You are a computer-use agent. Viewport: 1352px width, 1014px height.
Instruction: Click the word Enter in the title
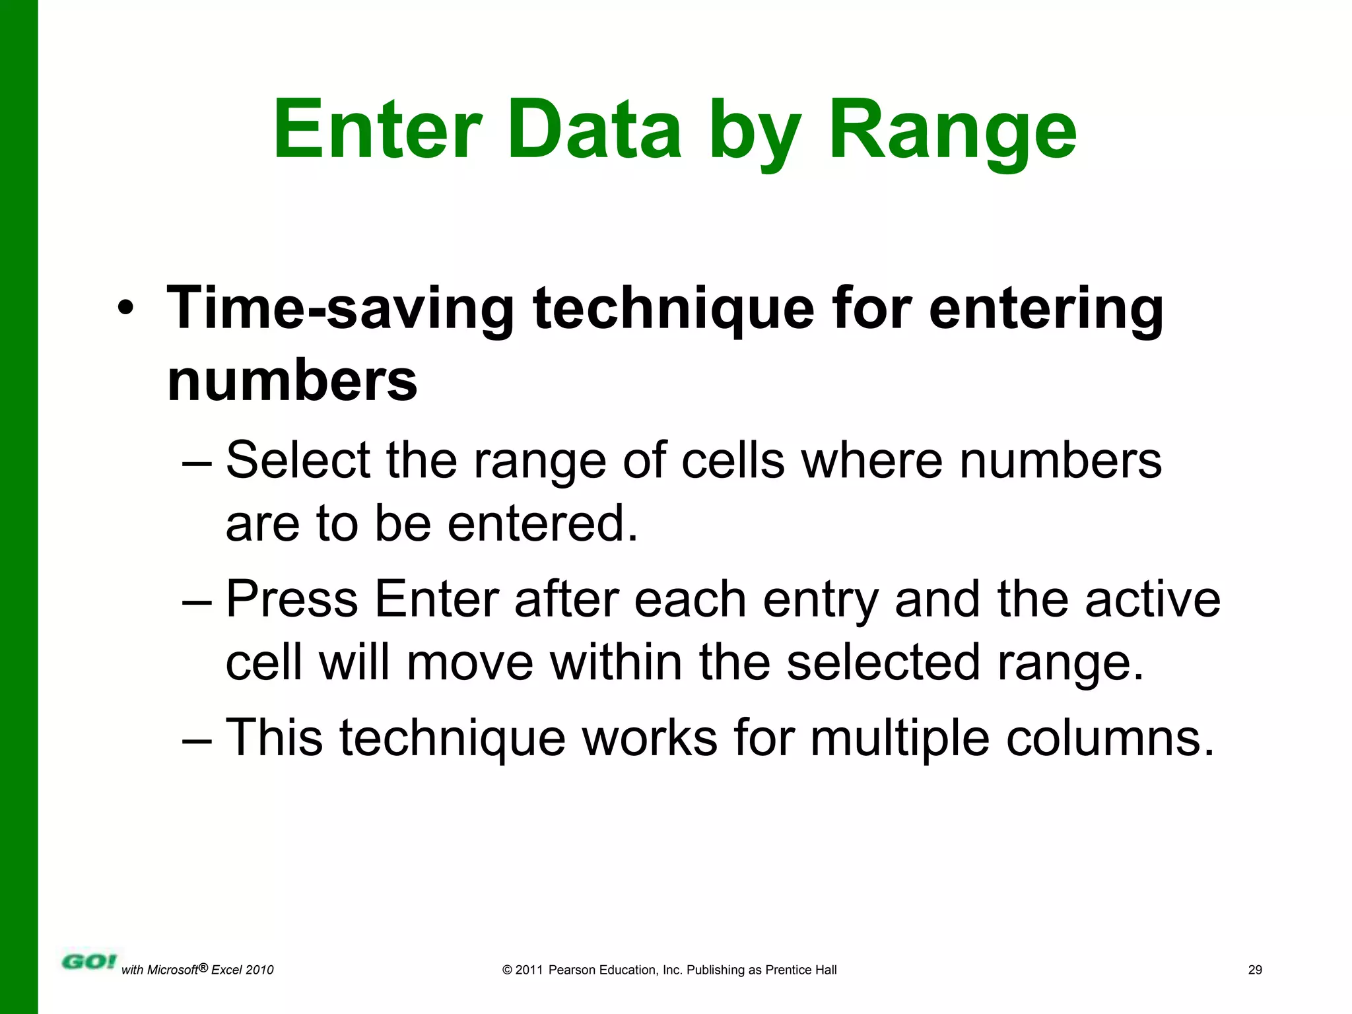pyautogui.click(x=378, y=129)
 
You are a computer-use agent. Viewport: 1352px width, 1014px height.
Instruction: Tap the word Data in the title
pyautogui.click(x=594, y=129)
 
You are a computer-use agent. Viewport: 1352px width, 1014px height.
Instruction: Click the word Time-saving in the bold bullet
pyautogui.click(x=340, y=308)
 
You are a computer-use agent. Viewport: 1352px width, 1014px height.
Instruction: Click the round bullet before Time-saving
pyautogui.click(x=125, y=308)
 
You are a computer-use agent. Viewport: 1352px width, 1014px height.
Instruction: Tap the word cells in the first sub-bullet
pyautogui.click(x=733, y=460)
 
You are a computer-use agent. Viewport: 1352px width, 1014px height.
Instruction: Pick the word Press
pyautogui.click(x=292, y=599)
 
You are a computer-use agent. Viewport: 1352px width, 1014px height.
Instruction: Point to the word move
pyautogui.click(x=469, y=662)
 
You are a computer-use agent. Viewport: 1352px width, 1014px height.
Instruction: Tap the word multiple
pyautogui.click(x=899, y=737)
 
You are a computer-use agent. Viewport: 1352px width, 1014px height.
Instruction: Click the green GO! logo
pyautogui.click(x=88, y=962)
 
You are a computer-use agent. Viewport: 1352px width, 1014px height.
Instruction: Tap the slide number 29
pyautogui.click(x=1255, y=970)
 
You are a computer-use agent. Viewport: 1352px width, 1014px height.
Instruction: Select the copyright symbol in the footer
pyautogui.click(x=507, y=970)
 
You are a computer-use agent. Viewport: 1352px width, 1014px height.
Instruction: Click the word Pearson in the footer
pyautogui.click(x=572, y=970)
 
